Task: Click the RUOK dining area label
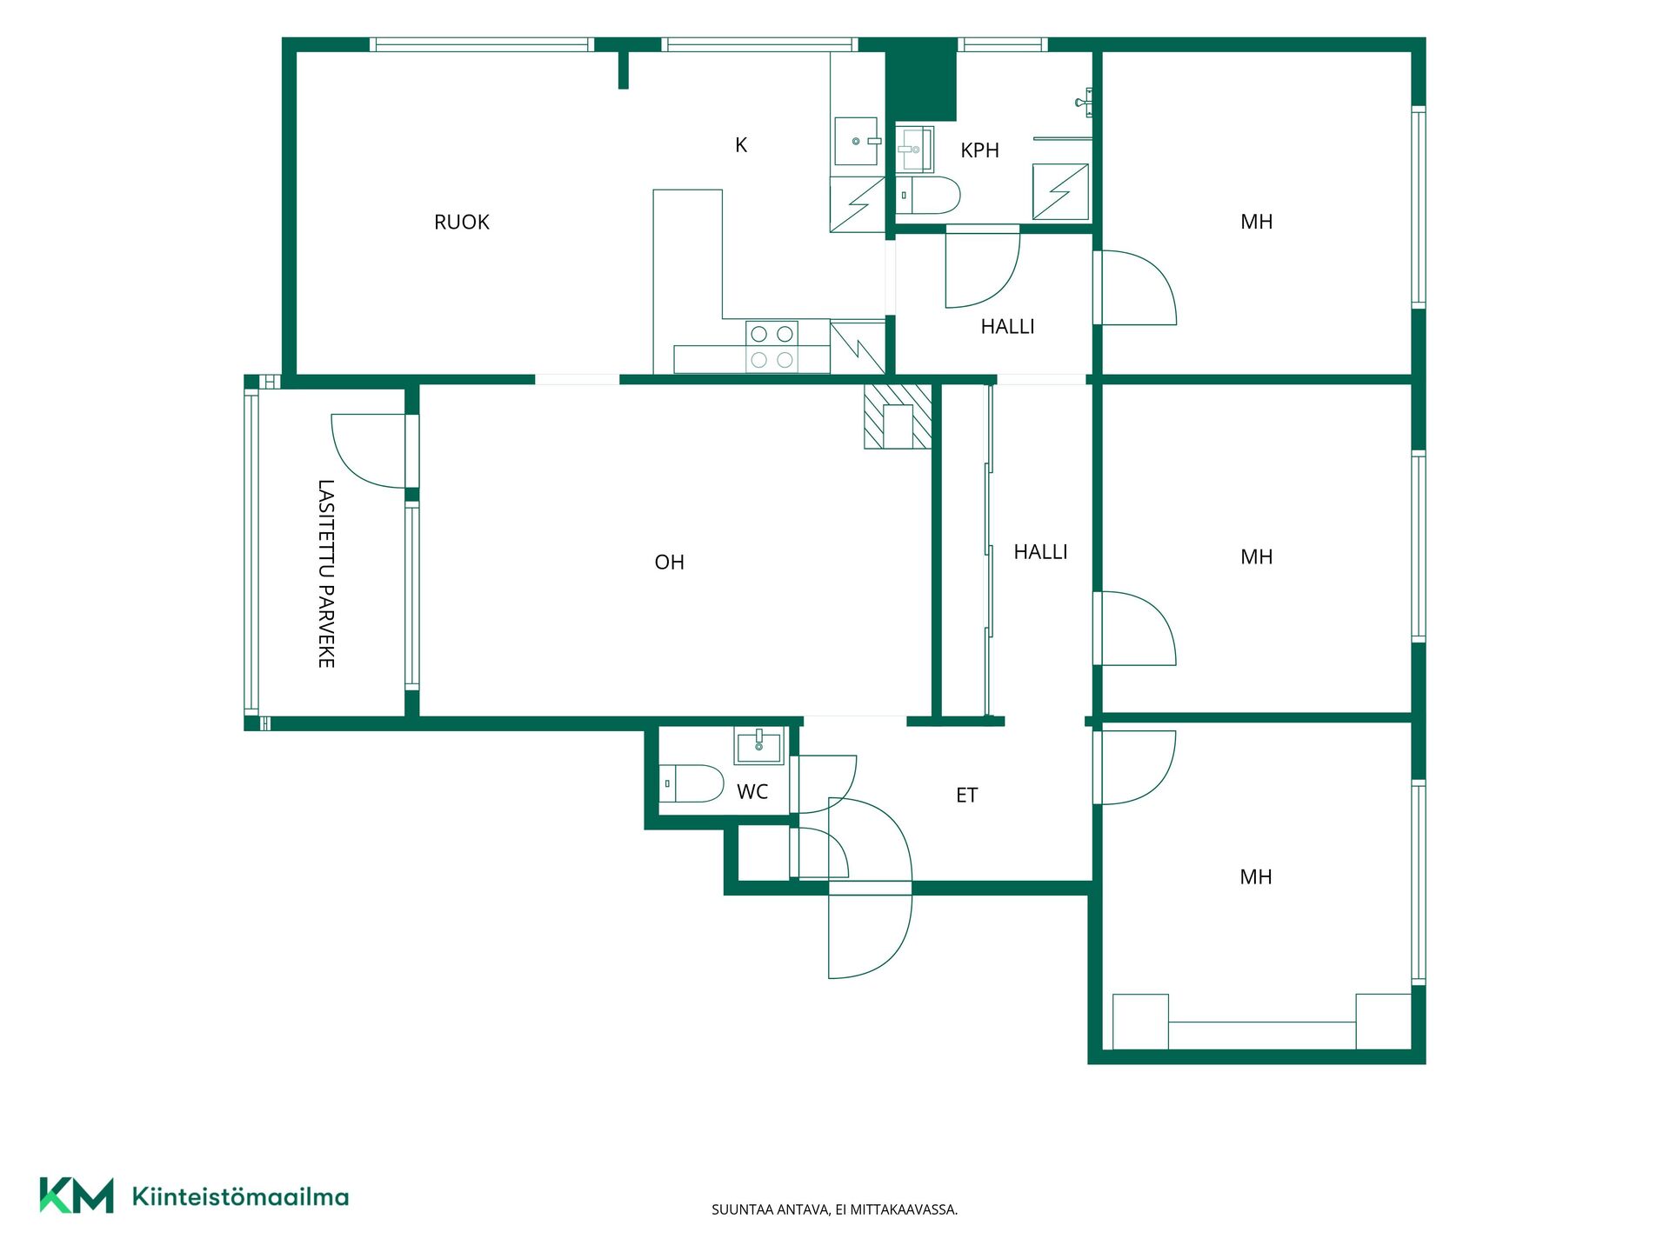tap(461, 223)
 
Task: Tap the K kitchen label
tap(741, 145)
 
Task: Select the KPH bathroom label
tap(979, 150)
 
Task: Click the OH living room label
tap(669, 563)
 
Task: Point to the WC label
tap(752, 792)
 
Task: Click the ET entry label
tap(966, 796)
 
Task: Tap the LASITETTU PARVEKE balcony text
tap(326, 574)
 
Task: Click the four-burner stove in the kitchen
tap(772, 346)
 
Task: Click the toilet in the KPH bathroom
tap(928, 196)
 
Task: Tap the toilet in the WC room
tap(691, 783)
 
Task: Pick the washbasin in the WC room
tap(758, 745)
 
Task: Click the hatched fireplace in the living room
tap(898, 416)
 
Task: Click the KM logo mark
tap(77, 1195)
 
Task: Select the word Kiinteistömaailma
tap(240, 1197)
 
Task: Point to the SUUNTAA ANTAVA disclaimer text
tap(834, 1209)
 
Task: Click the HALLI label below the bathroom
tap(1007, 327)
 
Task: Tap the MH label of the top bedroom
tap(1256, 222)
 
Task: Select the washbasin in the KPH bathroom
tap(914, 150)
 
